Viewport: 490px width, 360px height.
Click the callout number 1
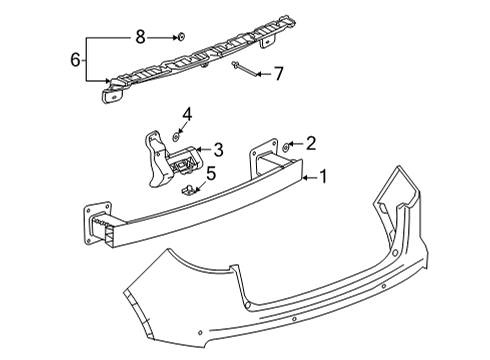pyautogui.click(x=323, y=177)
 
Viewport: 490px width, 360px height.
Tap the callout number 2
pyautogui.click(x=310, y=144)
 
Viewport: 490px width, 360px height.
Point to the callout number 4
pyautogui.click(x=186, y=116)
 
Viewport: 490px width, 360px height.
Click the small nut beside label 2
pyautogui.click(x=287, y=146)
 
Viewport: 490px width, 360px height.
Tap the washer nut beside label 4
pyautogui.click(x=177, y=133)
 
